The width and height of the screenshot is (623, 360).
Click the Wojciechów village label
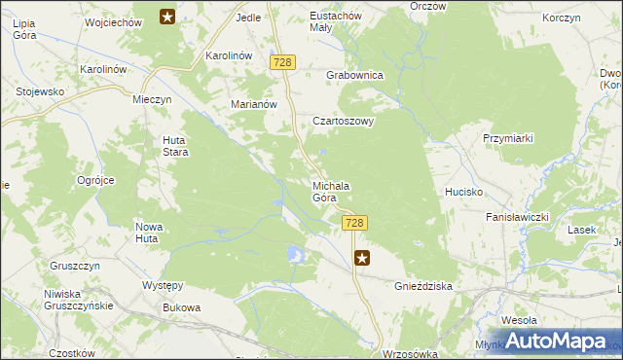click(115, 21)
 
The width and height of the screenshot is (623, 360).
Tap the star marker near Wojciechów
click(167, 17)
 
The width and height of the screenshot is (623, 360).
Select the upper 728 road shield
click(283, 61)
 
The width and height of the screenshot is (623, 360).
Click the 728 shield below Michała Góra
click(354, 223)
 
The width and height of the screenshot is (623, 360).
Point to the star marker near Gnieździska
click(362, 258)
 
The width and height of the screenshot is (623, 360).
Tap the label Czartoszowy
click(343, 122)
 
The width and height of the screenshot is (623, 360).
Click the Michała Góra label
click(331, 192)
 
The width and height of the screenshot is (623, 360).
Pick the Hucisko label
click(464, 193)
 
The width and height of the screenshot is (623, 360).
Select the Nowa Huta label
click(147, 232)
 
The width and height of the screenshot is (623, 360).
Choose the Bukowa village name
click(182, 308)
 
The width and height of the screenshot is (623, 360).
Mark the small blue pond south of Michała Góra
click(295, 255)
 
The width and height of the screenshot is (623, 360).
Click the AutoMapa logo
click(554, 342)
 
